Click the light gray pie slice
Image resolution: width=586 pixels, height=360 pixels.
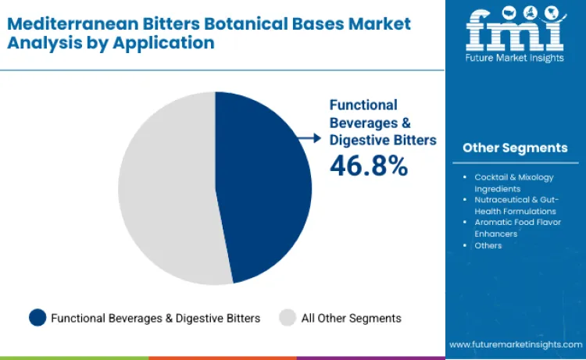click(164, 187)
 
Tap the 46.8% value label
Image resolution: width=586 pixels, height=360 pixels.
click(368, 166)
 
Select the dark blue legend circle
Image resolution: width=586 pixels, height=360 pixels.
click(38, 317)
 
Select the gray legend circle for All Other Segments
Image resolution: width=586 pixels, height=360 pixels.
click(288, 317)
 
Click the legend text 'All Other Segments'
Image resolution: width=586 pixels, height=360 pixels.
click(351, 318)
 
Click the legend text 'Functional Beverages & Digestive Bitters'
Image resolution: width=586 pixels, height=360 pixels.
click(155, 318)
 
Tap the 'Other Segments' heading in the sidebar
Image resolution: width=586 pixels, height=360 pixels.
click(515, 148)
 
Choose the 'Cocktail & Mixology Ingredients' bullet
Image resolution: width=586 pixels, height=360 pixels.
click(511, 183)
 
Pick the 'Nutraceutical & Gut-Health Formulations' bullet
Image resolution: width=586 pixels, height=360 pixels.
click(515, 205)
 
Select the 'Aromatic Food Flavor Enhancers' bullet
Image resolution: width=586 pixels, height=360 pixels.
click(515, 228)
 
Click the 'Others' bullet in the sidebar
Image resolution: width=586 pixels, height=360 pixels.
click(488, 245)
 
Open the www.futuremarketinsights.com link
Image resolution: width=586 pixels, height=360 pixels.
click(515, 344)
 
